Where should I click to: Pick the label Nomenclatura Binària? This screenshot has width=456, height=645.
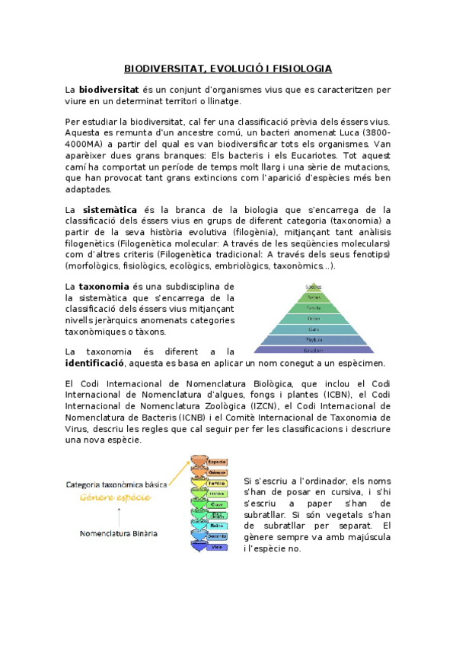pos(120,534)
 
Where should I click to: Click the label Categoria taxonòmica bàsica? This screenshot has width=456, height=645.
pos(116,484)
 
